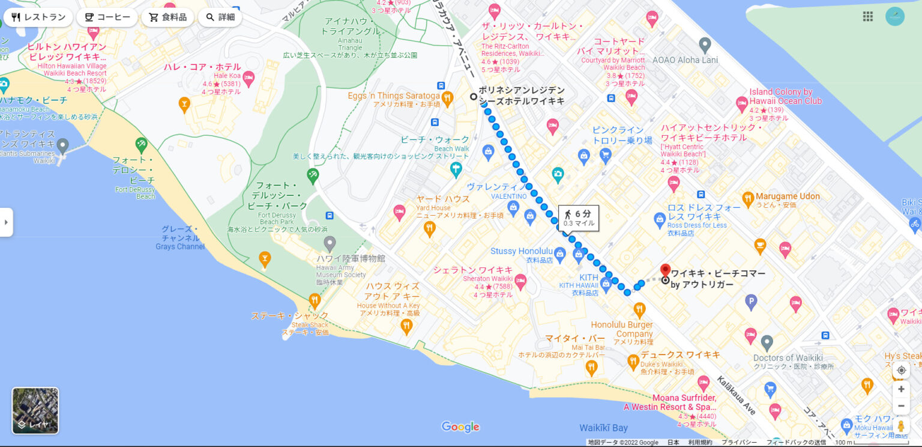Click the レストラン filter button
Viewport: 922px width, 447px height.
tap(38, 17)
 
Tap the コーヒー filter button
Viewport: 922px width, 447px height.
tap(107, 17)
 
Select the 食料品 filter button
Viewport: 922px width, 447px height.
tap(167, 17)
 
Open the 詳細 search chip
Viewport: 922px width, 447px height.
tap(220, 17)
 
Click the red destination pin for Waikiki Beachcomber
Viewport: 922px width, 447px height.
tap(665, 270)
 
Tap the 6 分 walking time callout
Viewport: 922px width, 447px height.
tap(578, 217)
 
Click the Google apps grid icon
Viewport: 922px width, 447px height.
tap(867, 16)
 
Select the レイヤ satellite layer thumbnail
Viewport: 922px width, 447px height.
tap(35, 410)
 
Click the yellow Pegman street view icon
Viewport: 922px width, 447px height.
tap(900, 426)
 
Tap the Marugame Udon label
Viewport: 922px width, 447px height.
tap(787, 196)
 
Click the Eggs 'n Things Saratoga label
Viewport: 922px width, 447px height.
tap(393, 96)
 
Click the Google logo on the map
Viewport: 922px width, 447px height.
tap(460, 427)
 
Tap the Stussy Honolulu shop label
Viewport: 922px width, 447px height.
tap(520, 251)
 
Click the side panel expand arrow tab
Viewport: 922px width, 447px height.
tap(6, 222)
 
